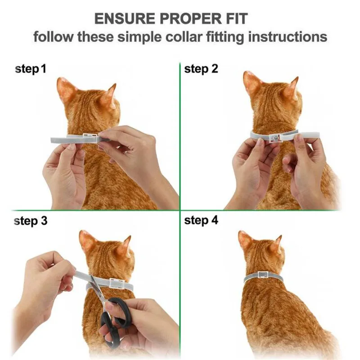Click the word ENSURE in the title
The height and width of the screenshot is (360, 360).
(125, 19)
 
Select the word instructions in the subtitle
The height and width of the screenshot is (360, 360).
(288, 37)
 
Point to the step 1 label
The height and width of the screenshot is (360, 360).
(31, 69)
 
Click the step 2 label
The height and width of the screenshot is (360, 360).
(201, 69)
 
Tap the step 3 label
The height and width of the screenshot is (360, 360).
(31, 221)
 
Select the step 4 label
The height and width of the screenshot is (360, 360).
(201, 220)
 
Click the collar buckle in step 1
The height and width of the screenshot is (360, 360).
(91, 138)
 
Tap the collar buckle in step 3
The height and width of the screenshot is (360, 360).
(117, 283)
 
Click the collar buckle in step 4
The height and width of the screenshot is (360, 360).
(263, 275)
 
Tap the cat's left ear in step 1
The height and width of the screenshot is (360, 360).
(65, 90)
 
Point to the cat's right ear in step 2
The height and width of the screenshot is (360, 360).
(292, 88)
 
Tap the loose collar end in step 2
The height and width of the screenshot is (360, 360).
(309, 135)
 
